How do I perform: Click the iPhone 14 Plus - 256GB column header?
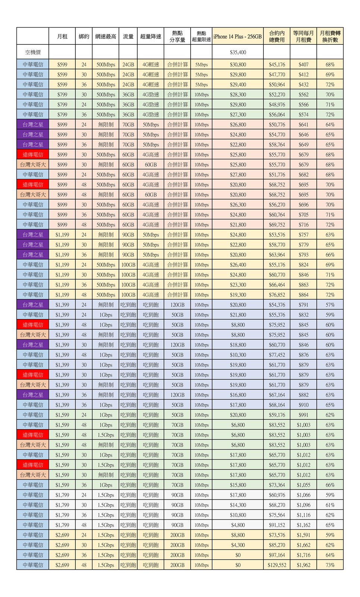click(238, 37)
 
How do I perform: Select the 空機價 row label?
click(33, 52)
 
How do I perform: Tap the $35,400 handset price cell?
click(238, 52)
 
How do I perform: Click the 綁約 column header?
click(84, 37)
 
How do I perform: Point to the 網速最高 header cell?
click(106, 37)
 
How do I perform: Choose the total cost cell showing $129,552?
click(277, 565)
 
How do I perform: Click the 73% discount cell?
click(330, 565)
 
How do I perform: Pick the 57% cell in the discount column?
click(330, 305)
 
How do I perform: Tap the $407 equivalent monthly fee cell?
click(303, 65)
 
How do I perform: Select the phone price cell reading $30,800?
click(238, 65)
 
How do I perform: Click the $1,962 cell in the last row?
click(303, 565)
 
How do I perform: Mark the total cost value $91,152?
click(277, 525)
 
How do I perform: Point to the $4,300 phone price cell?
click(238, 545)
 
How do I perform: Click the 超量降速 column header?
click(151, 37)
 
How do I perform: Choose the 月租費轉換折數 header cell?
click(330, 37)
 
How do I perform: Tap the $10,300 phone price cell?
click(238, 355)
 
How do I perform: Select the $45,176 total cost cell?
click(277, 65)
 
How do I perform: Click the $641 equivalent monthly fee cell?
click(303, 125)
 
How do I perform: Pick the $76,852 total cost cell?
click(277, 295)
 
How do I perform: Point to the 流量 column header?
click(128, 37)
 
